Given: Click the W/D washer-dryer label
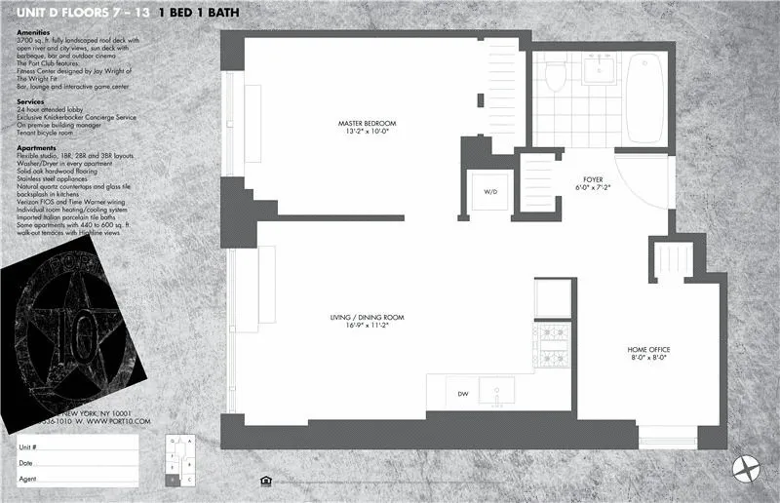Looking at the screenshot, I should pos(490,192).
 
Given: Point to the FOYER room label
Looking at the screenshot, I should pos(593,180).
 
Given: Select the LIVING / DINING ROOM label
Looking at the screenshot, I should pos(367,318).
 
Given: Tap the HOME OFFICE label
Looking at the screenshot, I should pos(647,349).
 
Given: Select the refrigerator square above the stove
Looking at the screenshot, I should pos(552,298).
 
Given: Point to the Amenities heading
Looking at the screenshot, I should pos(35,32).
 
